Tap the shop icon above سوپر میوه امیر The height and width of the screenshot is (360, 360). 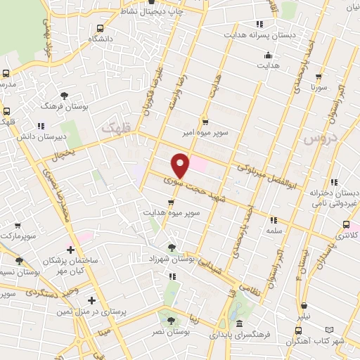coord(205,120)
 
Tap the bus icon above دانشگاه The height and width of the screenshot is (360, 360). coord(101,29)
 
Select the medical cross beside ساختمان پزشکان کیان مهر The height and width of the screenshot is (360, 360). coord(70,249)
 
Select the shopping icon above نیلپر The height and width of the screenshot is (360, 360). coord(304,305)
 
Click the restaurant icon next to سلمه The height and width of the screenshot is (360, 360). coord(272,219)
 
